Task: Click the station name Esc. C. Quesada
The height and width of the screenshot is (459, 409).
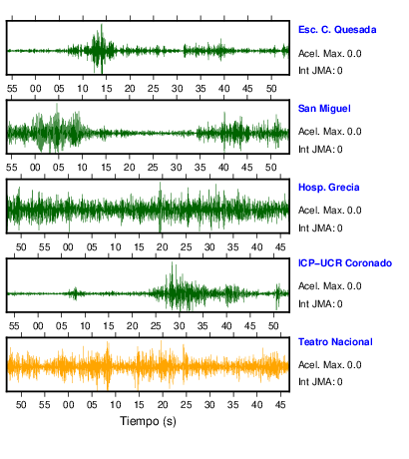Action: pos(337,30)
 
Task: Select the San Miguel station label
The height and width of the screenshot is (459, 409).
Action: pos(324,109)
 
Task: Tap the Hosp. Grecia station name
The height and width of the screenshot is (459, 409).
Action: pos(329,188)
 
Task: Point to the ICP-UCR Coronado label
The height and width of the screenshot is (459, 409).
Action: pos(345,263)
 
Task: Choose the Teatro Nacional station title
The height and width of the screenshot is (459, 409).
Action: pos(335,342)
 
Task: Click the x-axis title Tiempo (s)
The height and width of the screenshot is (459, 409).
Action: pos(148,421)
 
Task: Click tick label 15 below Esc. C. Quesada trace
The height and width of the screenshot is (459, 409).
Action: pos(107,89)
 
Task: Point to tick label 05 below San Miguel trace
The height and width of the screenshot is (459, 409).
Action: pos(59,168)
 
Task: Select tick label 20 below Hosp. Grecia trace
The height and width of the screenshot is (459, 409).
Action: pos(163,247)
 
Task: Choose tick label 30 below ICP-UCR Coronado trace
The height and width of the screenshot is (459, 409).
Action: pos(180,326)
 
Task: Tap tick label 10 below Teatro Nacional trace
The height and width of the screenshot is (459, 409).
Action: pos(116,405)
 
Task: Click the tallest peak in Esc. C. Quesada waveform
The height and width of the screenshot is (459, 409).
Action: pos(102,24)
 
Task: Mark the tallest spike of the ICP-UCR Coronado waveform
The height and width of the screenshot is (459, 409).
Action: pos(172,262)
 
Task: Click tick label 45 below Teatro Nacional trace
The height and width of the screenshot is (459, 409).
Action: pos(280,405)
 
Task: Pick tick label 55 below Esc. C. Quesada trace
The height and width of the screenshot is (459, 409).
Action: pos(12,89)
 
